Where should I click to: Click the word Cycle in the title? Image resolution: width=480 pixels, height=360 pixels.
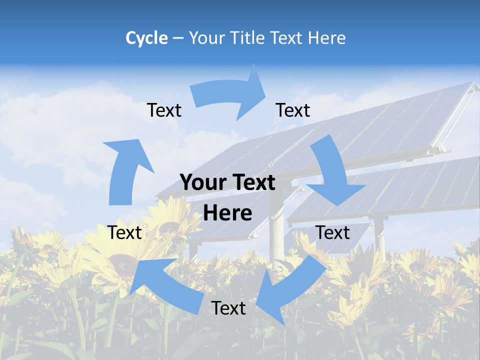pyautogui.click(x=146, y=38)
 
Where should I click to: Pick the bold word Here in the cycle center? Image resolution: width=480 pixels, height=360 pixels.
pyautogui.click(x=227, y=213)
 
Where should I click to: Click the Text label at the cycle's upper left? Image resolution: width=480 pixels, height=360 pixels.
pyautogui.click(x=164, y=110)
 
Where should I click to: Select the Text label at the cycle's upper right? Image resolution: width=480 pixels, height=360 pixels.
pyautogui.click(x=293, y=110)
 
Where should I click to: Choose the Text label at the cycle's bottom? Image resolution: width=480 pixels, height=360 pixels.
pyautogui.click(x=228, y=308)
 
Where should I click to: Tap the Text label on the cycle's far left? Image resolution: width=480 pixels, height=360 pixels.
pyautogui.click(x=124, y=232)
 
